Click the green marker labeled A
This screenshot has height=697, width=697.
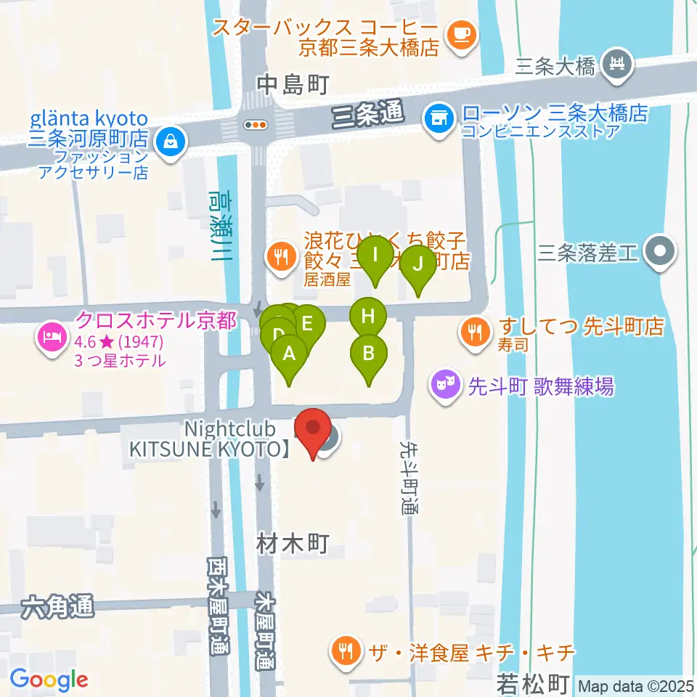click(x=289, y=355)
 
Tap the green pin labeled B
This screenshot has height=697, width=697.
click(x=369, y=355)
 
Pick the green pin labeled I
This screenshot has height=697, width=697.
click(x=375, y=256)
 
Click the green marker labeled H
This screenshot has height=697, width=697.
click(x=369, y=317)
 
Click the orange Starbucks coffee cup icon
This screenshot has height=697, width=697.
click(x=460, y=33)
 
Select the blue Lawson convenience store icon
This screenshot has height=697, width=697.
click(x=438, y=115)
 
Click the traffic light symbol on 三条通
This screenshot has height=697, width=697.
click(x=256, y=125)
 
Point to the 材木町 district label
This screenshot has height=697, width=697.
click(x=293, y=542)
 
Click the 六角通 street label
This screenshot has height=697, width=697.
click(x=58, y=607)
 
